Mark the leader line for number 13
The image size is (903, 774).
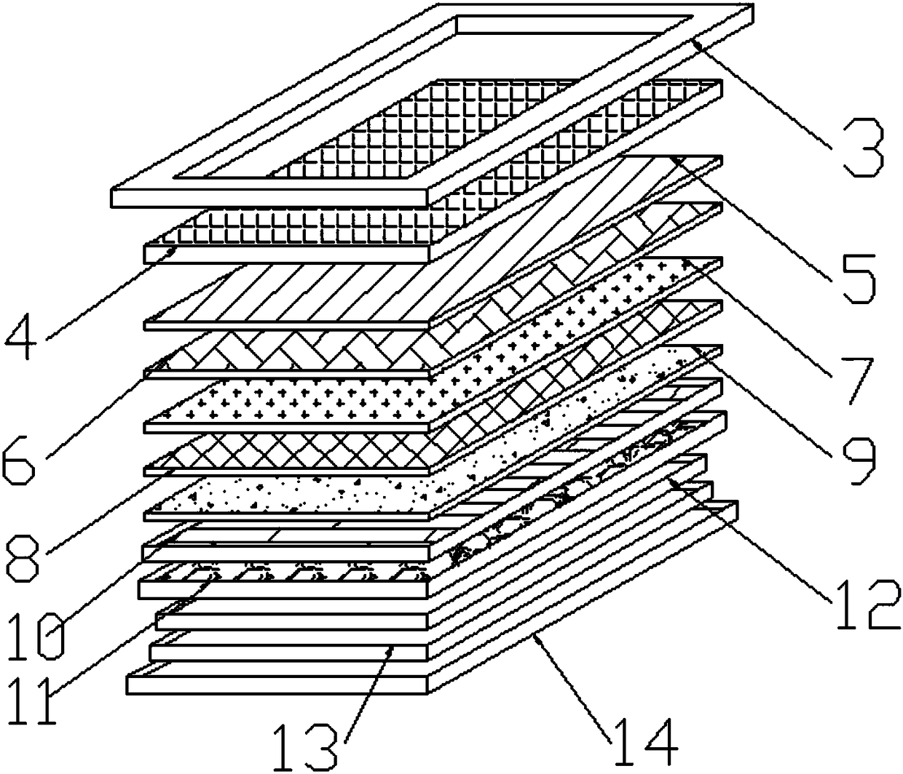click(x=368, y=691)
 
